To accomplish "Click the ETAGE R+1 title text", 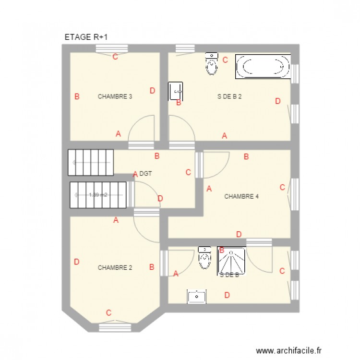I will [89, 37].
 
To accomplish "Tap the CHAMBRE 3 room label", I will [115, 96].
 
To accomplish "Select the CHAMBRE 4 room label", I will [241, 196].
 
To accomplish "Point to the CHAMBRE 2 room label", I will [115, 268].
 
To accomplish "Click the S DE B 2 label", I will [229, 96].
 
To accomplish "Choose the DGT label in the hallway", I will [145, 174].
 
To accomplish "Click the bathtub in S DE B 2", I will [263, 66].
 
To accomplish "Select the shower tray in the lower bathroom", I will [232, 262].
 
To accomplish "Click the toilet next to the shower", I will [204, 258].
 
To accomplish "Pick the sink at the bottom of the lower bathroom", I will [197, 297].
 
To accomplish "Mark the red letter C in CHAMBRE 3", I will [115, 57].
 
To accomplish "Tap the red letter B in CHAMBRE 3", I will [77, 96].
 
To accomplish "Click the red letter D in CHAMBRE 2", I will [76, 262].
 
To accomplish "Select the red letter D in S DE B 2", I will [277, 101].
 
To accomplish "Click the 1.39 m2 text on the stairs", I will [98, 195].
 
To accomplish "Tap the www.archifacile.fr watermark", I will [289, 351].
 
